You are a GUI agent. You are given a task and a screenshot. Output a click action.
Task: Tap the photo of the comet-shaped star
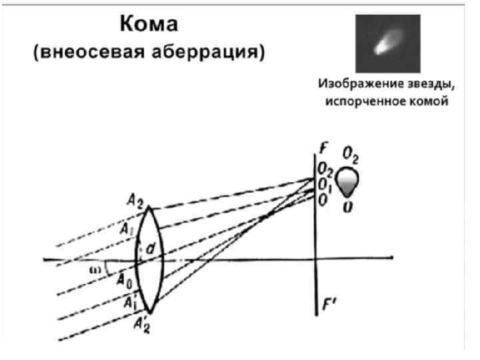pos(387,44)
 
